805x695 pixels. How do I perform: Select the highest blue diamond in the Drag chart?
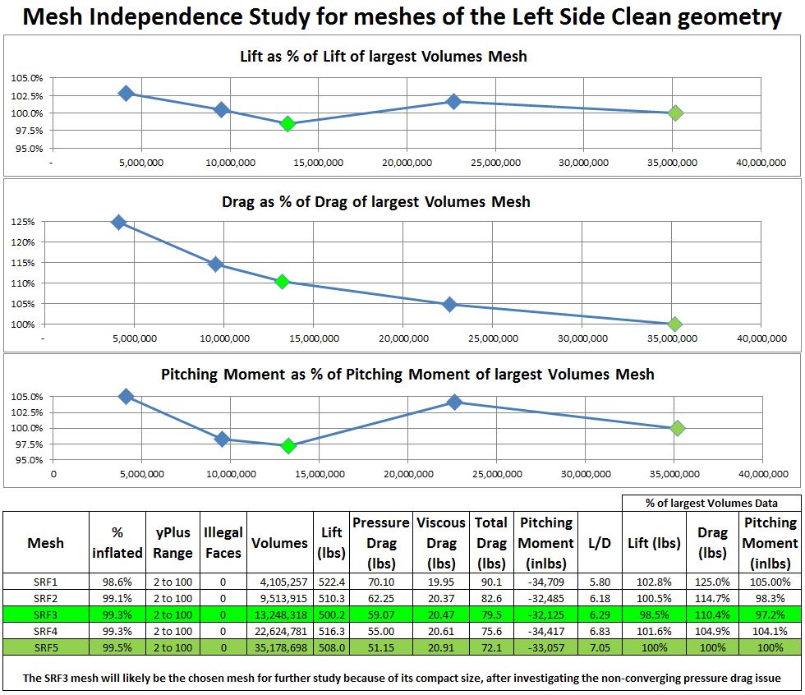click(119, 223)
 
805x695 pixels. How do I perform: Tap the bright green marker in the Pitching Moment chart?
click(288, 446)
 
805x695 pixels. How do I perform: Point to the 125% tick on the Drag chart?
click(23, 222)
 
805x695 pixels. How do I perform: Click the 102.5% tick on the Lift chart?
click(27, 95)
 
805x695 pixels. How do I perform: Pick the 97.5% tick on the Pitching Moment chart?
click(27, 444)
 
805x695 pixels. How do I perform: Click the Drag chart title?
click(375, 201)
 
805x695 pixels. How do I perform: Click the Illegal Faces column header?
click(223, 543)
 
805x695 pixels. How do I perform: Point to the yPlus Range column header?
click(172, 543)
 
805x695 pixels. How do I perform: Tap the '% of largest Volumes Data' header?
click(711, 503)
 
